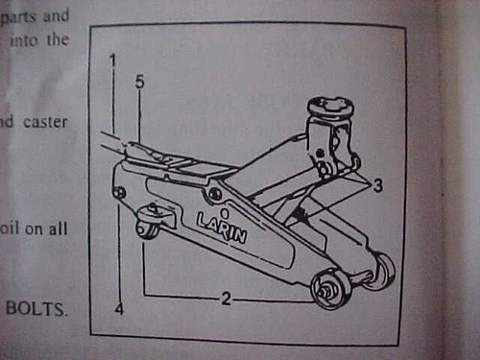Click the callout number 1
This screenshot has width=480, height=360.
(111, 60)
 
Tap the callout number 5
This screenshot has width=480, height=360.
(139, 84)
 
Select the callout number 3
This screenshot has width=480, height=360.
(378, 186)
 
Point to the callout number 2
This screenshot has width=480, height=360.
(225, 299)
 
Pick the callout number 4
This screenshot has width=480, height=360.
(119, 309)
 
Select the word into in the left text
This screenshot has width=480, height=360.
(32, 40)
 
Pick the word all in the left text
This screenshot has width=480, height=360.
(62, 230)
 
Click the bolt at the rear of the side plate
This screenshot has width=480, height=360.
(119, 193)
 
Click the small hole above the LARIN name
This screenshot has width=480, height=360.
(223, 204)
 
